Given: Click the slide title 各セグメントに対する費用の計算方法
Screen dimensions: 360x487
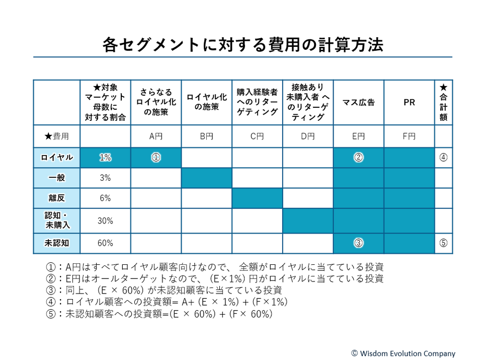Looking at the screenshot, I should pyautogui.click(x=243, y=45).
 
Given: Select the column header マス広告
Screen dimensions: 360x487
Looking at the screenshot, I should pyautogui.click(x=358, y=102).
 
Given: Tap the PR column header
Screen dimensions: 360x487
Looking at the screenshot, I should pyautogui.click(x=409, y=102).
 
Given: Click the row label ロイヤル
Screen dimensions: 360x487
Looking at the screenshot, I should pyautogui.click(x=57, y=158).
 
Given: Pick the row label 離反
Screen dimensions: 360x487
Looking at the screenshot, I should pyautogui.click(x=57, y=198).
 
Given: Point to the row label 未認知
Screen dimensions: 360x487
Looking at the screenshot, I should pyautogui.click(x=57, y=243).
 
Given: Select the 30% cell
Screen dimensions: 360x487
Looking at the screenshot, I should pyautogui.click(x=105, y=221).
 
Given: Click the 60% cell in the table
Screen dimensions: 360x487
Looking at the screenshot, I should pyautogui.click(x=105, y=243).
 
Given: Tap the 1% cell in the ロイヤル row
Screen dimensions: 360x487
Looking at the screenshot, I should pyautogui.click(x=105, y=158).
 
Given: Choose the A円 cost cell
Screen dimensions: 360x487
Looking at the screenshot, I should pyautogui.click(x=156, y=136).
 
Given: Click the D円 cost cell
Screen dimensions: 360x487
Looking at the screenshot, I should pyautogui.click(x=307, y=136).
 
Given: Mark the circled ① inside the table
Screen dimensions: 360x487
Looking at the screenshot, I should pyautogui.click(x=156, y=158).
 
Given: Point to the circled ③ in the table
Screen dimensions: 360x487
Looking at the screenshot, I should pyautogui.click(x=358, y=243).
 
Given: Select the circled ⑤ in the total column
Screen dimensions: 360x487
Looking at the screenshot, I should pyautogui.click(x=443, y=243).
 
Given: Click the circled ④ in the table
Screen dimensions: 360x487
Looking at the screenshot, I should pyautogui.click(x=443, y=158).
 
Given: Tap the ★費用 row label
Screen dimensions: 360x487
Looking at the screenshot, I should pyautogui.click(x=57, y=136).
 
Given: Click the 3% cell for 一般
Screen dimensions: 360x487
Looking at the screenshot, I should pyautogui.click(x=105, y=178).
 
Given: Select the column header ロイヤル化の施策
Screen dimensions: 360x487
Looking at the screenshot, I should pyautogui.click(x=206, y=102).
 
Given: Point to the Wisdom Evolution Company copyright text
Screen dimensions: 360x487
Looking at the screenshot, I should pyautogui.click(x=403, y=353).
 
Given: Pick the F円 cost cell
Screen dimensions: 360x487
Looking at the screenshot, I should pyautogui.click(x=409, y=136).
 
